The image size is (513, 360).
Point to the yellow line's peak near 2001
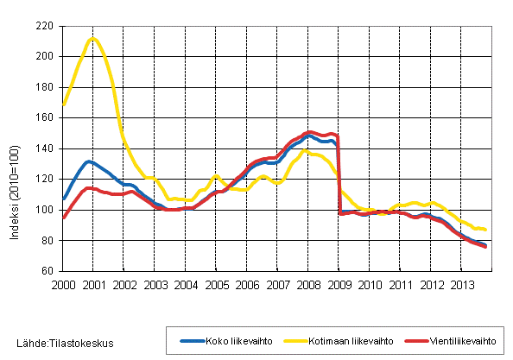point(93,38)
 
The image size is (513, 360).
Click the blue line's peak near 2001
point(89,161)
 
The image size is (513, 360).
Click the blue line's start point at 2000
point(63,199)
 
